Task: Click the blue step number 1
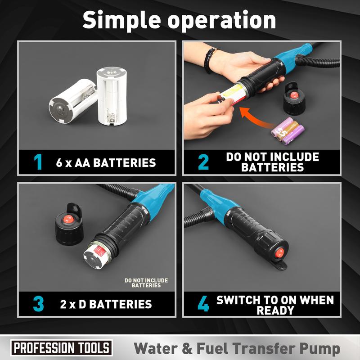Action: pyautogui.click(x=38, y=162)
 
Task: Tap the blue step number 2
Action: pyautogui.click(x=203, y=162)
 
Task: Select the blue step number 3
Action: pyautogui.click(x=38, y=304)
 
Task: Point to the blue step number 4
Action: pyautogui.click(x=203, y=304)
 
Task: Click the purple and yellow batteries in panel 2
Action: pyautogui.click(x=288, y=130)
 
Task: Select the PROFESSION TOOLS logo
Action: pyautogui.click(x=61, y=348)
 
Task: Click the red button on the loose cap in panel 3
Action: pyautogui.click(x=67, y=220)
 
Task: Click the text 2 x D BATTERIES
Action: pyautogui.click(x=106, y=304)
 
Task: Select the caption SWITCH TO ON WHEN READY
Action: pyautogui.click(x=275, y=305)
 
